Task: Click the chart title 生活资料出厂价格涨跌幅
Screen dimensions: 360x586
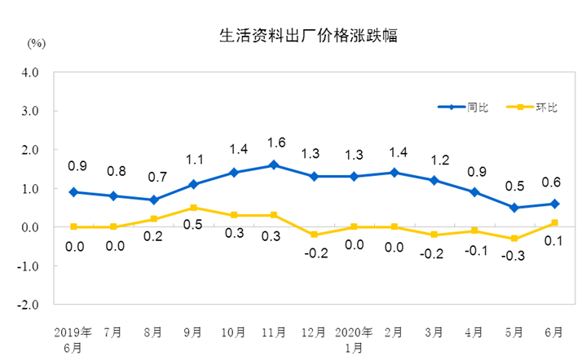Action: click(x=309, y=36)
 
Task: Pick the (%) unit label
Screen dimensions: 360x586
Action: click(x=36, y=42)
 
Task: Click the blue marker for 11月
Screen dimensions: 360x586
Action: click(x=274, y=165)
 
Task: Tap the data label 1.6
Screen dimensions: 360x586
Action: click(x=274, y=143)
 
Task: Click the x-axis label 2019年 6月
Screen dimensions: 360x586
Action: click(x=75, y=339)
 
